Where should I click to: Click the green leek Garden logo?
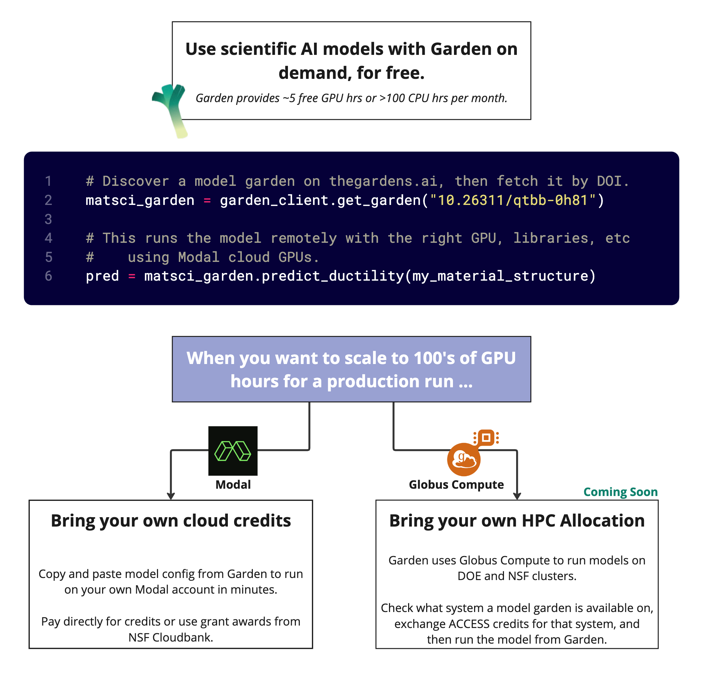coord(171,108)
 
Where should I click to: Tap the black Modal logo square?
coord(233,451)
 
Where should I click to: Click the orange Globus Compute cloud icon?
coord(464,459)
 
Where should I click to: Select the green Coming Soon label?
coord(620,492)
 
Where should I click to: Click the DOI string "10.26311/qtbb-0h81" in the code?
coord(512,200)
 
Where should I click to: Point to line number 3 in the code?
coord(48,220)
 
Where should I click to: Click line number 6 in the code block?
coord(48,276)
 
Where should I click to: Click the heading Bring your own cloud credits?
coord(171,521)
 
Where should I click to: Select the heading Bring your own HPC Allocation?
coord(517,521)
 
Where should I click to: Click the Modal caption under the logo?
coord(233,485)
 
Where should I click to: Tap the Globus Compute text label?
coord(456,485)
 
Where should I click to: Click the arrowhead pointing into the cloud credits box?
coord(171,496)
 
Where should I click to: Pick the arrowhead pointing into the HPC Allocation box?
coord(517,496)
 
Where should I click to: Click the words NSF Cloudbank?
coord(171,637)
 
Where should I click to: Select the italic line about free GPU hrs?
coord(351,98)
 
